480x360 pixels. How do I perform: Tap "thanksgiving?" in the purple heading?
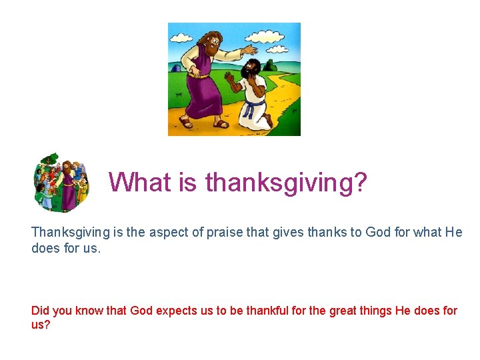[x=287, y=182]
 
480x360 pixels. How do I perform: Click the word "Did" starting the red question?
[x=41, y=311]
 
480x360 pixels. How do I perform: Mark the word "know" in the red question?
[x=89, y=311]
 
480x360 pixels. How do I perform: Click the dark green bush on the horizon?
[x=270, y=65]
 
